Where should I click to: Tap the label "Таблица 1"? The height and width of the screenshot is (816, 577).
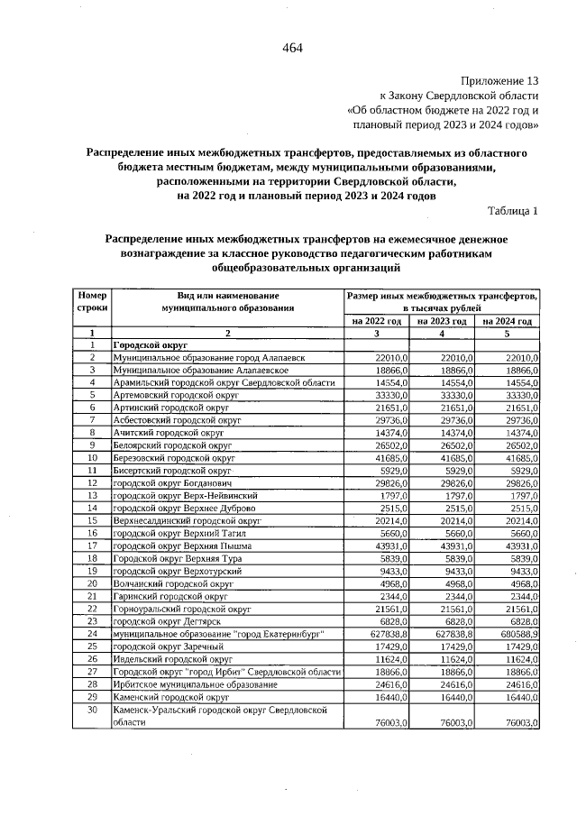(512, 211)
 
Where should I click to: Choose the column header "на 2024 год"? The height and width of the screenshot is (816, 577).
(508, 321)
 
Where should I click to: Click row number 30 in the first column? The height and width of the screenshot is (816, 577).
(92, 710)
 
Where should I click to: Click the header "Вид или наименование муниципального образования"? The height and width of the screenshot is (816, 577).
(228, 301)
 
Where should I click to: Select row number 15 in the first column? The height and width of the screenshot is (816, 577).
(92, 522)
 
